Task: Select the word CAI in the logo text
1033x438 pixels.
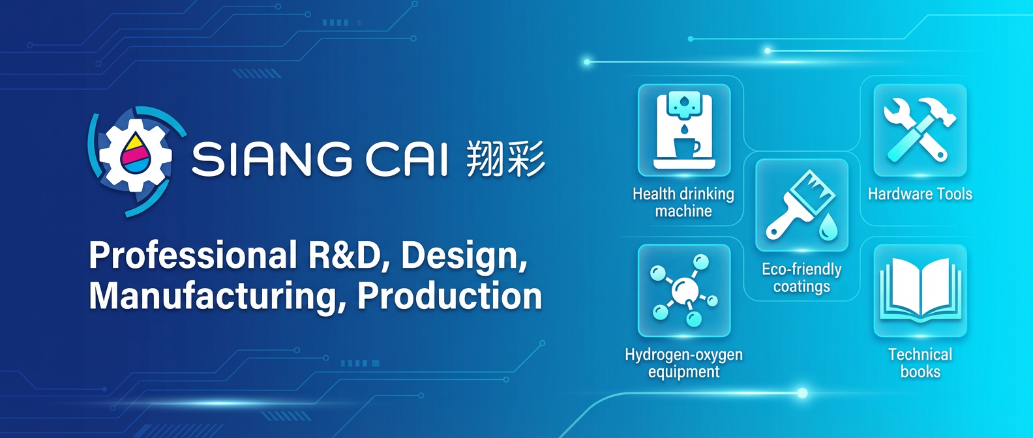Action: [x=406, y=160]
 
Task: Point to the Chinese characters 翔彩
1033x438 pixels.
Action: [x=505, y=159]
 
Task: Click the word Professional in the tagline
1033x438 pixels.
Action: [x=193, y=255]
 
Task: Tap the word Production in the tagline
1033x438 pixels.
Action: [x=449, y=296]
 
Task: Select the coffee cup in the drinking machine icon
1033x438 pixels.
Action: [x=686, y=146]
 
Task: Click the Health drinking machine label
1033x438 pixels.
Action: [x=683, y=203]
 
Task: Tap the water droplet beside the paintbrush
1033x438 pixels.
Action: [x=828, y=227]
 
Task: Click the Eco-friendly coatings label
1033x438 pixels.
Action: [x=801, y=278]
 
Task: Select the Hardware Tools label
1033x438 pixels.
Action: [x=920, y=194]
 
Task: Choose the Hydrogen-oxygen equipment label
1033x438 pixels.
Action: [x=684, y=363]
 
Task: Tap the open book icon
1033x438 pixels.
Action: [x=920, y=289]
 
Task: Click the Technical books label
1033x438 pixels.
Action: [x=920, y=363]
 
